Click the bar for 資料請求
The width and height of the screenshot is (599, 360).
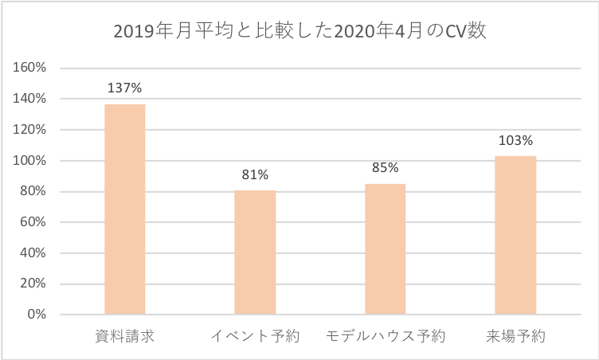pyautogui.click(x=125, y=209)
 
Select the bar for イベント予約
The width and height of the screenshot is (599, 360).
pyautogui.click(x=255, y=252)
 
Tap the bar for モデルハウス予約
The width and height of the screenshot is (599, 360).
pyautogui.click(x=385, y=249)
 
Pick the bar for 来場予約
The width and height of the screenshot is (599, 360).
pyautogui.click(x=515, y=235)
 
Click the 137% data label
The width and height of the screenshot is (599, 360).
pyautogui.click(x=125, y=88)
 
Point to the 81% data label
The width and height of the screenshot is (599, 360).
pyautogui.click(x=255, y=174)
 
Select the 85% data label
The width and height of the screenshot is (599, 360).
pyautogui.click(x=385, y=168)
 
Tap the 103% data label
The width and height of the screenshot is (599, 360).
pyautogui.click(x=515, y=140)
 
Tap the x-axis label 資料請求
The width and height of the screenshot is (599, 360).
pyautogui.click(x=125, y=336)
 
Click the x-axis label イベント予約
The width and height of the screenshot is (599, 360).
pyautogui.click(x=255, y=336)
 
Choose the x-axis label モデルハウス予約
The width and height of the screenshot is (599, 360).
pyautogui.click(x=385, y=336)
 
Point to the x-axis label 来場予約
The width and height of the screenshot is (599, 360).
pyautogui.click(x=515, y=336)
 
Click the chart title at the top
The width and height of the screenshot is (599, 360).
pyautogui.click(x=299, y=32)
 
